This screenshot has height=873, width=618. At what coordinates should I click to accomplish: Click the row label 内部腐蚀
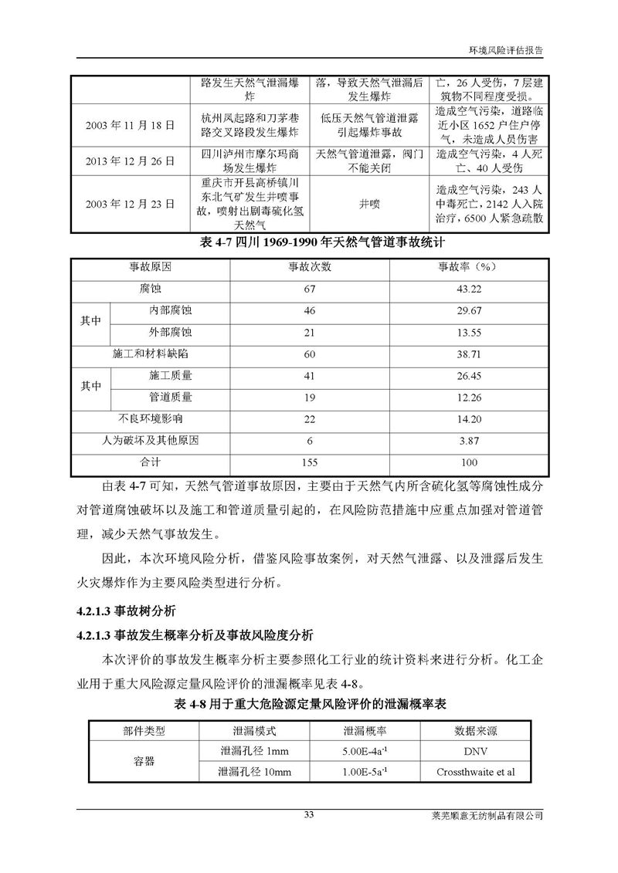click(171, 310)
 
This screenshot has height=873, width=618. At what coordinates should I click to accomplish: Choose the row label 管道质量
click(171, 398)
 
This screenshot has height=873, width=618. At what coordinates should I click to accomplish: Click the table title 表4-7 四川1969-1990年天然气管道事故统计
click(309, 242)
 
